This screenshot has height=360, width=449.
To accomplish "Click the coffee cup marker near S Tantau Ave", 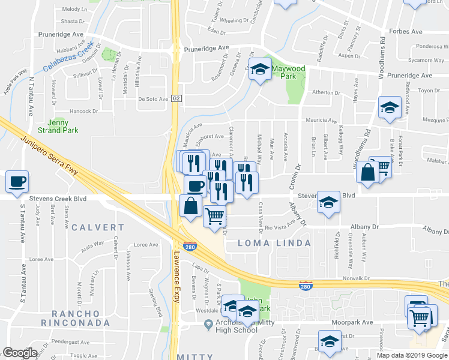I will [x=17, y=181].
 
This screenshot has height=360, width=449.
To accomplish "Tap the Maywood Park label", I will [x=289, y=73].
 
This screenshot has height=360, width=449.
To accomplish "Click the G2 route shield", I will [x=176, y=98].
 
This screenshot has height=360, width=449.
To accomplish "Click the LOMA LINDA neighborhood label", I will [x=274, y=243].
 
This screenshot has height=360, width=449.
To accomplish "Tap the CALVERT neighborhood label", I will [x=98, y=228].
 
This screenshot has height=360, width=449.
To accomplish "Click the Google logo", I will [x=20, y=352].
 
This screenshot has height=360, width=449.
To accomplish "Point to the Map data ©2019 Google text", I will [x=411, y=355].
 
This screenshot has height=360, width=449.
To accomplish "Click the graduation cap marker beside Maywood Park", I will [x=260, y=70].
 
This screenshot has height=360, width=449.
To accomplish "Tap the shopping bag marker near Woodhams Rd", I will [x=367, y=172].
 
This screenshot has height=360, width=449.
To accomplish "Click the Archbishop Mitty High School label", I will [x=232, y=326].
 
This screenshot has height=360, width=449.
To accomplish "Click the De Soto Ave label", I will [x=152, y=100].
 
